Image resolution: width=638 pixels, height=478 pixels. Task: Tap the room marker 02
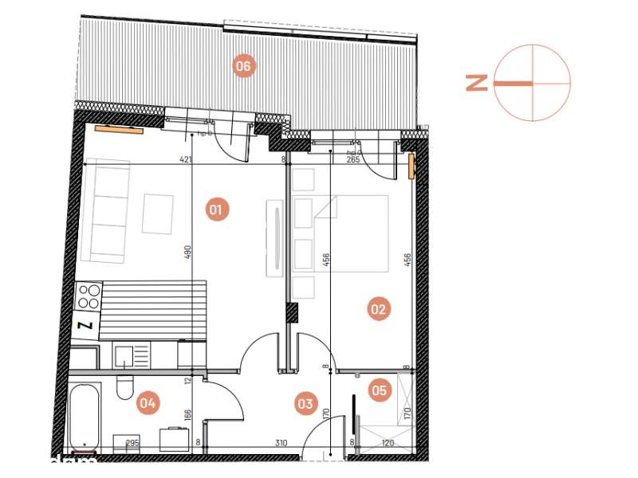(x=379, y=309)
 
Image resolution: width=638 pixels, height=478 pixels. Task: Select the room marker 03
(x=305, y=404)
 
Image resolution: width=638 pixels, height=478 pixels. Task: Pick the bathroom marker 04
(x=147, y=403)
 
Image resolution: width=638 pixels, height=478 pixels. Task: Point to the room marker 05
(x=379, y=390)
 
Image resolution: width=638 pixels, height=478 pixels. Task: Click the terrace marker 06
(x=243, y=66)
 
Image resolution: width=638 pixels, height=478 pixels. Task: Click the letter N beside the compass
(x=477, y=82)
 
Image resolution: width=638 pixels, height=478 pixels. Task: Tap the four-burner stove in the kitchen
(x=89, y=296)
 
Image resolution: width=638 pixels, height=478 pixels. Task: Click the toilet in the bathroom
(x=124, y=387)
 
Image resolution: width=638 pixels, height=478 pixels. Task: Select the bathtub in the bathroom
(x=85, y=417)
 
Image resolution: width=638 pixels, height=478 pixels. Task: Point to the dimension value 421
(x=186, y=160)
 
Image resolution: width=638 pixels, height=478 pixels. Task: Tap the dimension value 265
(x=354, y=160)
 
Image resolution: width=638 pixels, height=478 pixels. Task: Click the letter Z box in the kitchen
(x=83, y=325)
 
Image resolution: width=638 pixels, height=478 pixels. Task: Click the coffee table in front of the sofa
(x=158, y=214)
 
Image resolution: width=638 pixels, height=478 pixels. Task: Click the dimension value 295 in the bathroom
(x=132, y=443)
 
